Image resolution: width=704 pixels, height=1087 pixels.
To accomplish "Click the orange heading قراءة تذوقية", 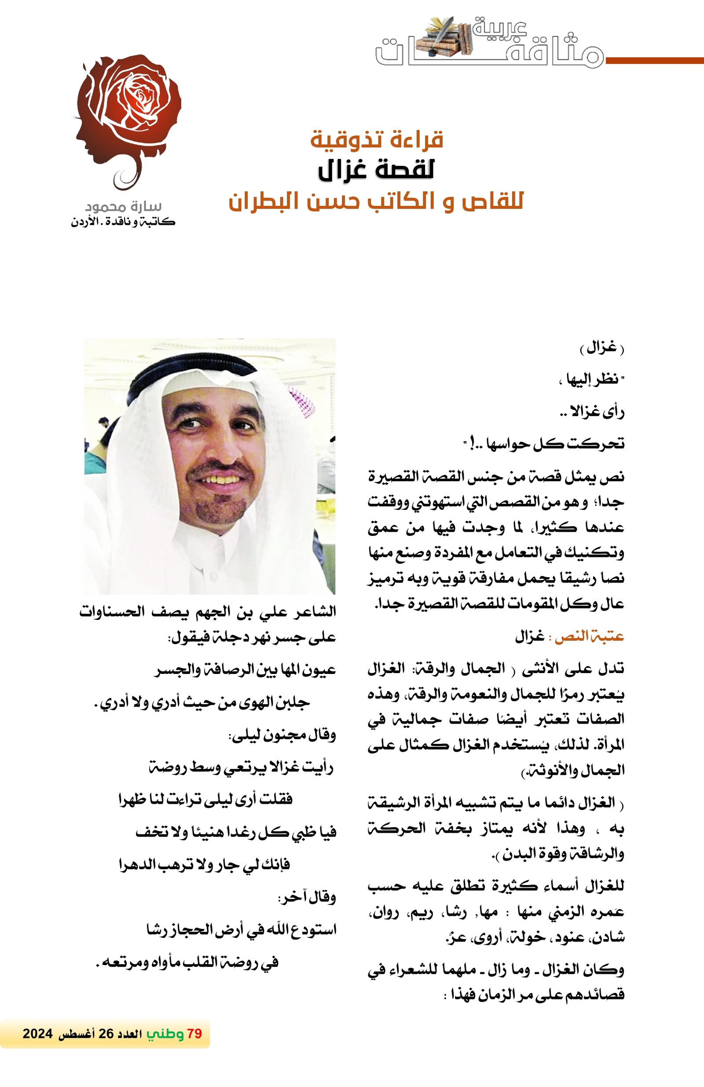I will click(377, 139).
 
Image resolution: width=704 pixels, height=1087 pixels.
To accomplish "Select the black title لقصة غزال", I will click(376, 170).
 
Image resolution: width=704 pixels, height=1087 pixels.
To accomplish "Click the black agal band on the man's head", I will click(205, 370).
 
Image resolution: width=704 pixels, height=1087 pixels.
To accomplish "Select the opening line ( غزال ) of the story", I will click(601, 349).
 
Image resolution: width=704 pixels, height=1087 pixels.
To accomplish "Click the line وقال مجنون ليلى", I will click(282, 736).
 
